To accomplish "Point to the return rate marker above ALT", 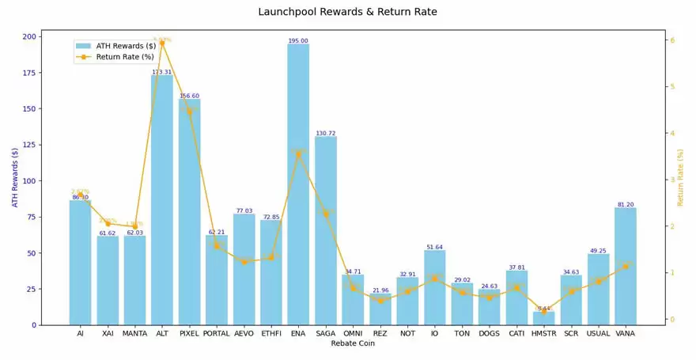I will click(x=162, y=44).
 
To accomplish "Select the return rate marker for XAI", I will click(x=108, y=224).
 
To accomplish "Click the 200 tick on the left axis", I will click(x=28, y=36).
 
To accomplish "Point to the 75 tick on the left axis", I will click(x=31, y=217).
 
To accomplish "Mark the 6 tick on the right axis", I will click(x=671, y=40).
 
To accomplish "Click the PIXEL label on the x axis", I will click(x=189, y=334).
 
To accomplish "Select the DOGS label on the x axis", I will click(x=489, y=334).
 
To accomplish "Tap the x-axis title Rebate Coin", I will click(x=353, y=344).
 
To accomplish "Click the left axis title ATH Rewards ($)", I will click(x=15, y=177).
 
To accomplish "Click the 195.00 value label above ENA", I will click(x=298, y=40).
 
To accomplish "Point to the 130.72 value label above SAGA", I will click(x=326, y=133).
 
